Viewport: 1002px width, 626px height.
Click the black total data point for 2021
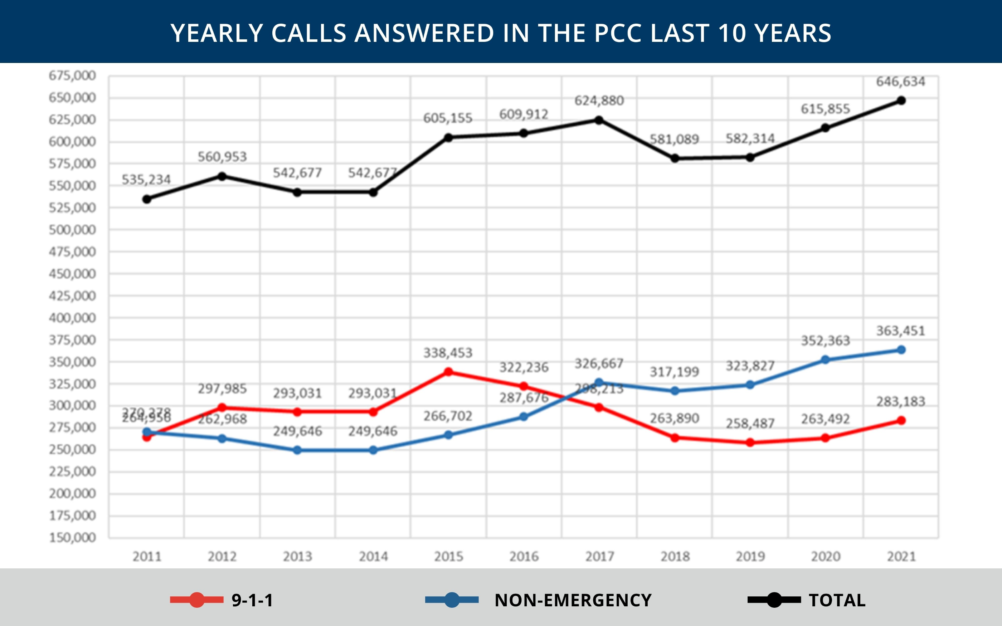(901, 101)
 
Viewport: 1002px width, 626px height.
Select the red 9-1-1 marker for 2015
(448, 372)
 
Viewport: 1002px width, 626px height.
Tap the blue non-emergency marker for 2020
(825, 360)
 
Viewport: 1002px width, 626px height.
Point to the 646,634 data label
(901, 82)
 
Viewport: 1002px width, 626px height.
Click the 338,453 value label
(448, 353)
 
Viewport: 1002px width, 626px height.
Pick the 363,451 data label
(901, 331)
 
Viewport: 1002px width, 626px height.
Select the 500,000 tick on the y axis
(72, 230)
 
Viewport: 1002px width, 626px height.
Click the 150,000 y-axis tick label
(72, 538)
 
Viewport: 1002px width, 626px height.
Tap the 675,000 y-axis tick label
(72, 76)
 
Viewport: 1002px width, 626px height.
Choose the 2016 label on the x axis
(524, 557)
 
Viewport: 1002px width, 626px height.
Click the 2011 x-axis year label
(147, 557)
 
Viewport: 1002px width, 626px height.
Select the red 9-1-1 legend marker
(197, 600)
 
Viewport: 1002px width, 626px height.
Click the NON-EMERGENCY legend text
(573, 600)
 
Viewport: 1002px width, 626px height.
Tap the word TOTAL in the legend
(837, 600)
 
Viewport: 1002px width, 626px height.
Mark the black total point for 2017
(599, 120)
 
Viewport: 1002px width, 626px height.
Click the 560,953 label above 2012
(222, 157)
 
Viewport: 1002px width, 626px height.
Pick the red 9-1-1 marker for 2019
(750, 442)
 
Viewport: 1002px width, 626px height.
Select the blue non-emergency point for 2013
(297, 450)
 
